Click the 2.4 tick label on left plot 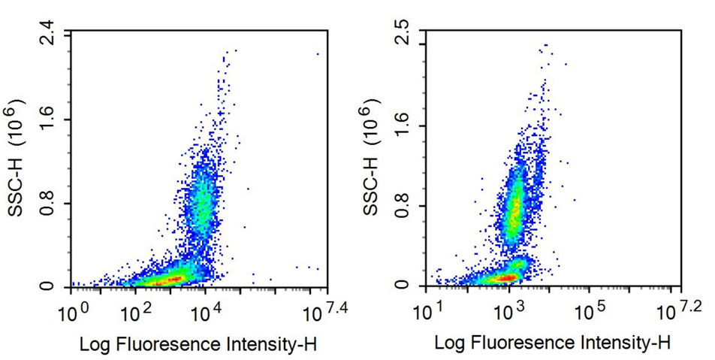pos(47,35)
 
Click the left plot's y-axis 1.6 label pos(47,119)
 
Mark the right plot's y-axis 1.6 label pos(409,125)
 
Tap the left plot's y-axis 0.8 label pos(47,203)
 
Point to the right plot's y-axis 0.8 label pos(409,206)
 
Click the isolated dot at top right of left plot pos(317,53)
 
